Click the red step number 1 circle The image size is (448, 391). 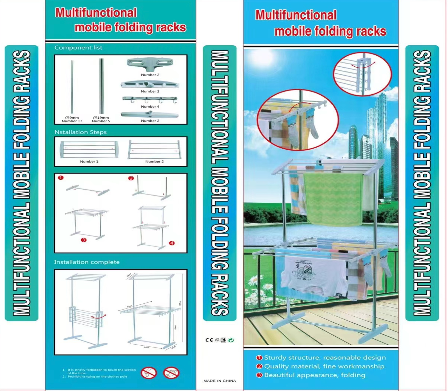(x=61, y=178)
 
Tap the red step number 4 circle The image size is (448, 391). (x=172, y=243)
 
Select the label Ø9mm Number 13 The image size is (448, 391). (x=72, y=119)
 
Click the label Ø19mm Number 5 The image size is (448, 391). (x=101, y=119)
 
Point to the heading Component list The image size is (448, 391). (x=78, y=48)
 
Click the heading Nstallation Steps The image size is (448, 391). (x=80, y=132)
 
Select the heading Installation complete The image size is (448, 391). (x=87, y=262)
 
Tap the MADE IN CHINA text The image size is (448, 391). (x=220, y=381)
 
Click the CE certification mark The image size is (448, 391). (x=209, y=340)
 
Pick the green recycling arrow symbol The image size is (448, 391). (x=231, y=340)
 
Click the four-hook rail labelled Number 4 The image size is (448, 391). (x=150, y=99)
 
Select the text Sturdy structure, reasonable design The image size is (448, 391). (x=325, y=358)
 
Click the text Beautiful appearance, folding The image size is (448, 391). (x=315, y=375)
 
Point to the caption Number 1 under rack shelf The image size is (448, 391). (x=89, y=162)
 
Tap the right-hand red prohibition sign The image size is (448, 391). (x=171, y=373)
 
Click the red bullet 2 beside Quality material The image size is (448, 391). (x=259, y=366)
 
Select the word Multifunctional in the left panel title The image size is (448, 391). (x=96, y=13)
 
